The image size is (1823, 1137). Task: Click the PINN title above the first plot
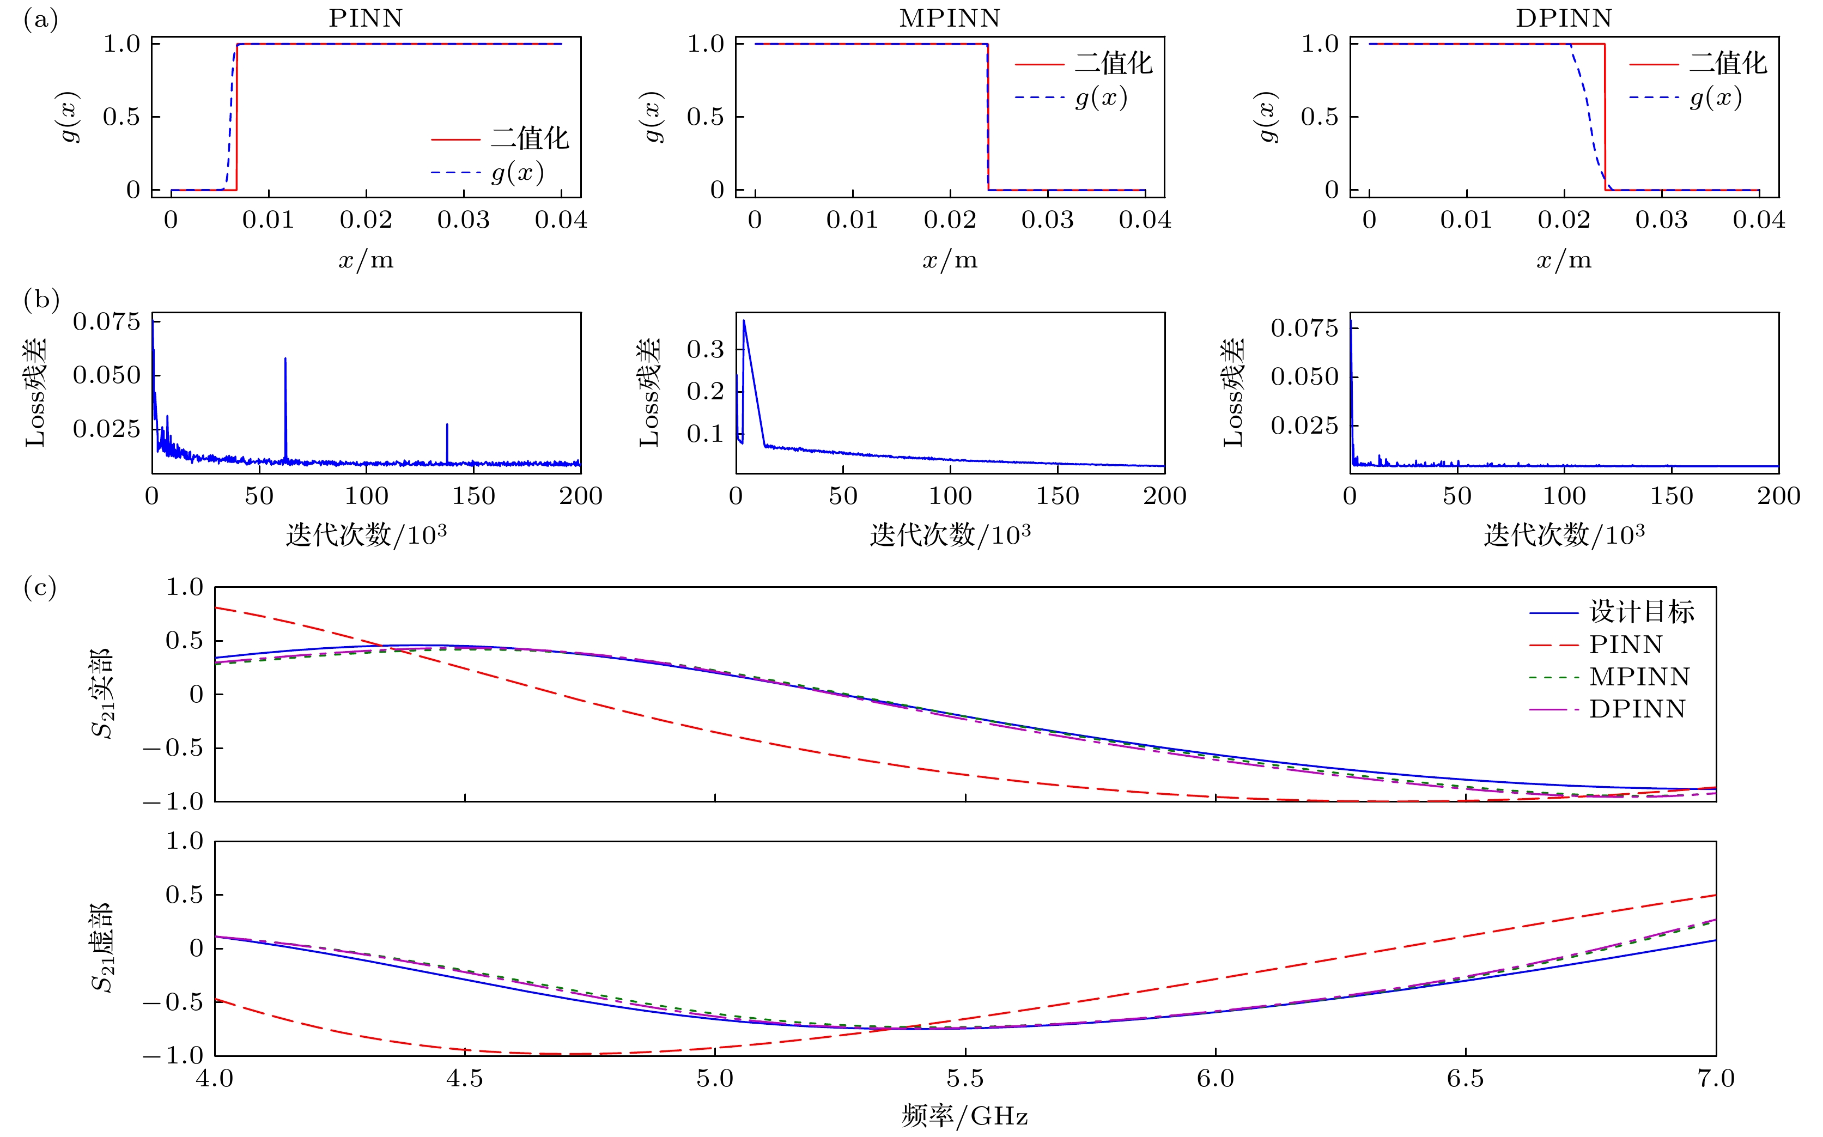[366, 18]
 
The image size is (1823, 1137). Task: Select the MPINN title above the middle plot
[950, 18]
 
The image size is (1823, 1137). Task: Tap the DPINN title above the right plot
[1564, 18]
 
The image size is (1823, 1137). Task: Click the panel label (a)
[41, 20]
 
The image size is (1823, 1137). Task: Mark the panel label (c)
[41, 587]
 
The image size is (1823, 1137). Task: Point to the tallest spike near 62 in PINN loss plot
[286, 360]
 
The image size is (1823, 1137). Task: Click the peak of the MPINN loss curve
[744, 321]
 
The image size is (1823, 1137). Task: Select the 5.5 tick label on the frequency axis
[965, 1079]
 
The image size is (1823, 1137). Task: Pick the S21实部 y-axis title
[102, 694]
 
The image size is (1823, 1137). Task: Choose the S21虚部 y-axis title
[102, 947]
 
